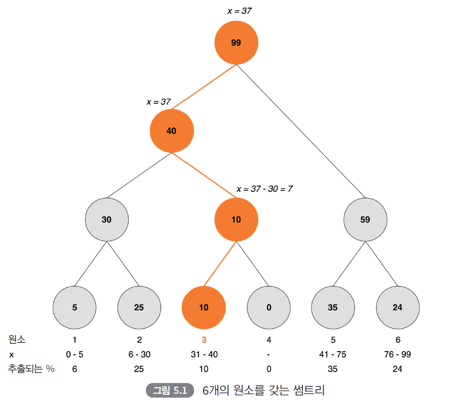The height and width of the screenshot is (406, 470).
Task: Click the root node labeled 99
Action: (236, 43)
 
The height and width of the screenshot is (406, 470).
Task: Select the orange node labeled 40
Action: (171, 131)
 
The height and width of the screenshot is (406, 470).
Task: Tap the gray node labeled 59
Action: (365, 220)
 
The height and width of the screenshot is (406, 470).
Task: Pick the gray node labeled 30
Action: (107, 220)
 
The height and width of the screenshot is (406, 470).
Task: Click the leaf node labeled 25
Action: (139, 308)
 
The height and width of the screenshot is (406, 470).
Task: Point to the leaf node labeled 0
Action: (268, 308)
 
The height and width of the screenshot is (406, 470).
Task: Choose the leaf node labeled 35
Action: (333, 308)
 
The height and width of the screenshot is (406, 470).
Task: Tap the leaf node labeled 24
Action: (398, 308)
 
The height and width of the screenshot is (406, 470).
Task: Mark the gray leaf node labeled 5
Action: (74, 308)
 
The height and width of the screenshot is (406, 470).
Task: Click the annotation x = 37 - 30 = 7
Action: (264, 189)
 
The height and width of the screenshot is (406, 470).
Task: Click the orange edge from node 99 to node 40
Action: (204, 87)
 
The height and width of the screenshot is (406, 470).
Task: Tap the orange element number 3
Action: (204, 340)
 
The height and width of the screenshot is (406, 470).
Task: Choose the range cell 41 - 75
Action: (333, 355)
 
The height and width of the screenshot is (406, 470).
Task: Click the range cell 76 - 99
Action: (398, 355)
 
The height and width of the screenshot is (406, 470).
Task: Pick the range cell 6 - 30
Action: (139, 355)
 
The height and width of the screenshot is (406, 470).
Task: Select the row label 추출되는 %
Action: (31, 369)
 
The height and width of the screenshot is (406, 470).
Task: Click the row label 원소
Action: (17, 340)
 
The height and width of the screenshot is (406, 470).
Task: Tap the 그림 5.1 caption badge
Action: (170, 391)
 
